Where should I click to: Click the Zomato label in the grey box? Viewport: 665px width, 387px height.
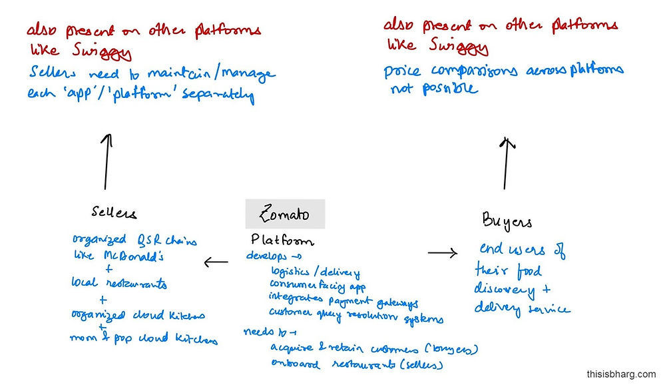[x=284, y=214]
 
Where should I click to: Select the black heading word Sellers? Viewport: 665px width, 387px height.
[x=114, y=213]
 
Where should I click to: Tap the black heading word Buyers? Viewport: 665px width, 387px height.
[x=507, y=222]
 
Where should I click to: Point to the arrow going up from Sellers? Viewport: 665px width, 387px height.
[x=105, y=162]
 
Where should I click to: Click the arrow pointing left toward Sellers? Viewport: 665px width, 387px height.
[x=216, y=262]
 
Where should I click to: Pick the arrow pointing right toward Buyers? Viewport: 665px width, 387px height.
[x=442, y=252]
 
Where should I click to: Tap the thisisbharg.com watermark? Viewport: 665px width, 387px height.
[x=620, y=374]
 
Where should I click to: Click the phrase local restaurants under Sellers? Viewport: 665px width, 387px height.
[x=119, y=284]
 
